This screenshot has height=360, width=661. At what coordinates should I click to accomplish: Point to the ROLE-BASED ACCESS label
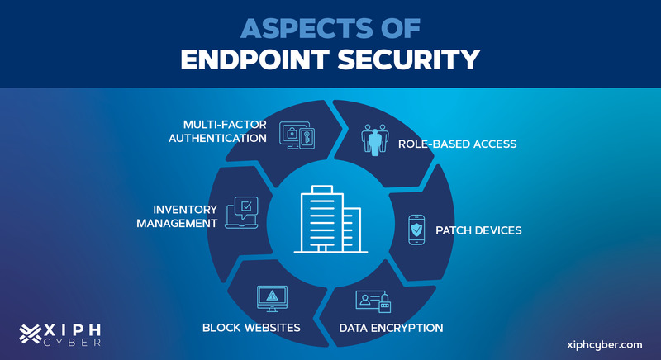point(457,144)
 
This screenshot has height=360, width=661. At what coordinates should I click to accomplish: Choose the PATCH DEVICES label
point(478,230)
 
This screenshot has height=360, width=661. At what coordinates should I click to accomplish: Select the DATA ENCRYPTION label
point(391,328)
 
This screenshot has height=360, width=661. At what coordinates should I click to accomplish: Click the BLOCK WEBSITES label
point(251,328)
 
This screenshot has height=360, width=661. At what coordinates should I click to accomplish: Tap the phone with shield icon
point(417,230)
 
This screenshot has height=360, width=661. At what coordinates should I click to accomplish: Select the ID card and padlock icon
point(371,302)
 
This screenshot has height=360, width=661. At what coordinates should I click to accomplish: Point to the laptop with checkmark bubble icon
point(245,211)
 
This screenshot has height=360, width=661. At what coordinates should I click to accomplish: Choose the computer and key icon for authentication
point(297,135)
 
